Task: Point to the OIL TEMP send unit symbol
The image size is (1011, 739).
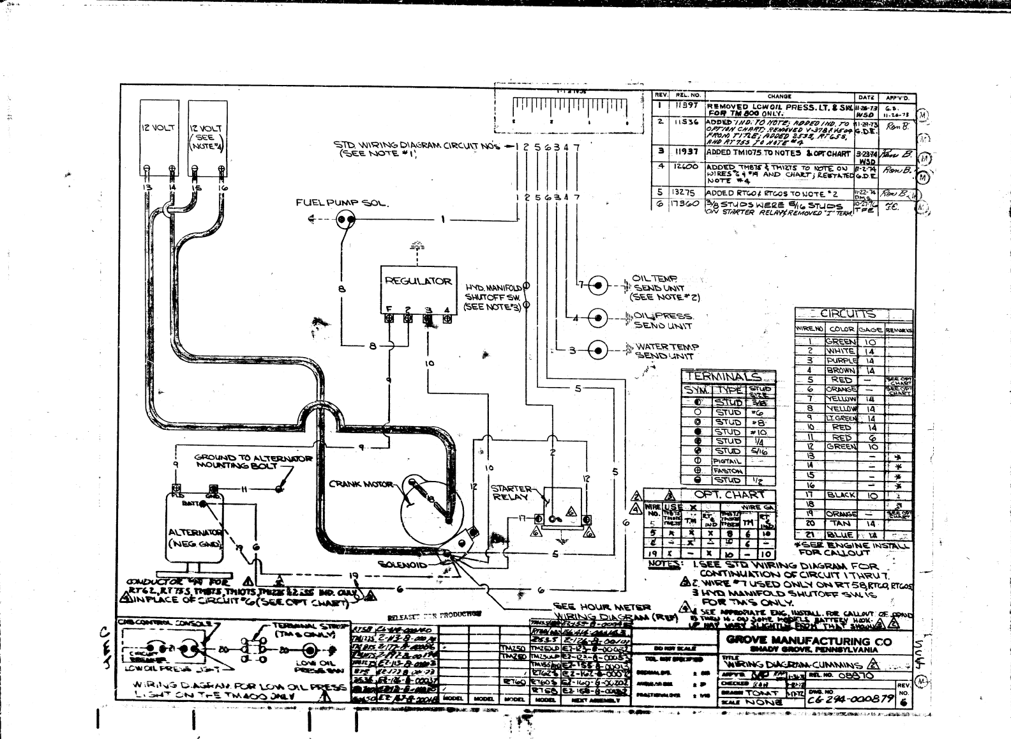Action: pyautogui.click(x=598, y=285)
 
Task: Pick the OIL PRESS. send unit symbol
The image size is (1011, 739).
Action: pyautogui.click(x=598, y=317)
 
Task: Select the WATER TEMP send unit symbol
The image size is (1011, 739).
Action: pyautogui.click(x=598, y=349)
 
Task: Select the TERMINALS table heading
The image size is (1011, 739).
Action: pyautogui.click(x=728, y=377)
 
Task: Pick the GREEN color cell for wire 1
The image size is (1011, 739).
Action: pyautogui.click(x=841, y=342)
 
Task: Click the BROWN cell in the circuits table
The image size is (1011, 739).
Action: pyautogui.click(x=841, y=370)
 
